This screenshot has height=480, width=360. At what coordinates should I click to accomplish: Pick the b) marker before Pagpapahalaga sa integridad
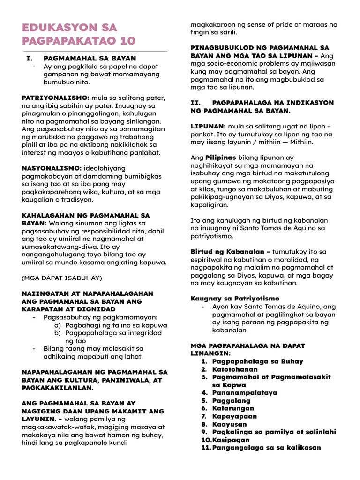tap(58, 333)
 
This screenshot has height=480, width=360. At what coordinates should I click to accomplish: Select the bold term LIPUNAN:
tap(208, 126)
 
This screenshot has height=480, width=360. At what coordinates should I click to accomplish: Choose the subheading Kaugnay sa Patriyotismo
tap(235, 299)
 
